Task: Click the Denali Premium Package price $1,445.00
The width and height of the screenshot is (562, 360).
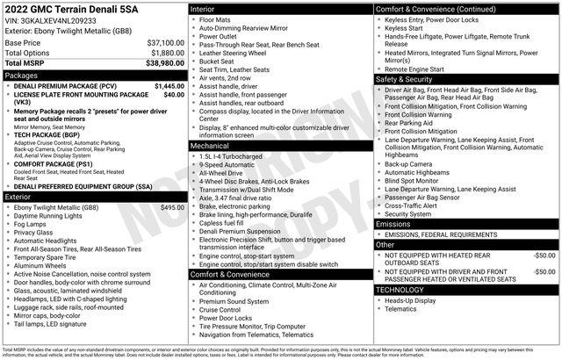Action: [169, 86]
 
